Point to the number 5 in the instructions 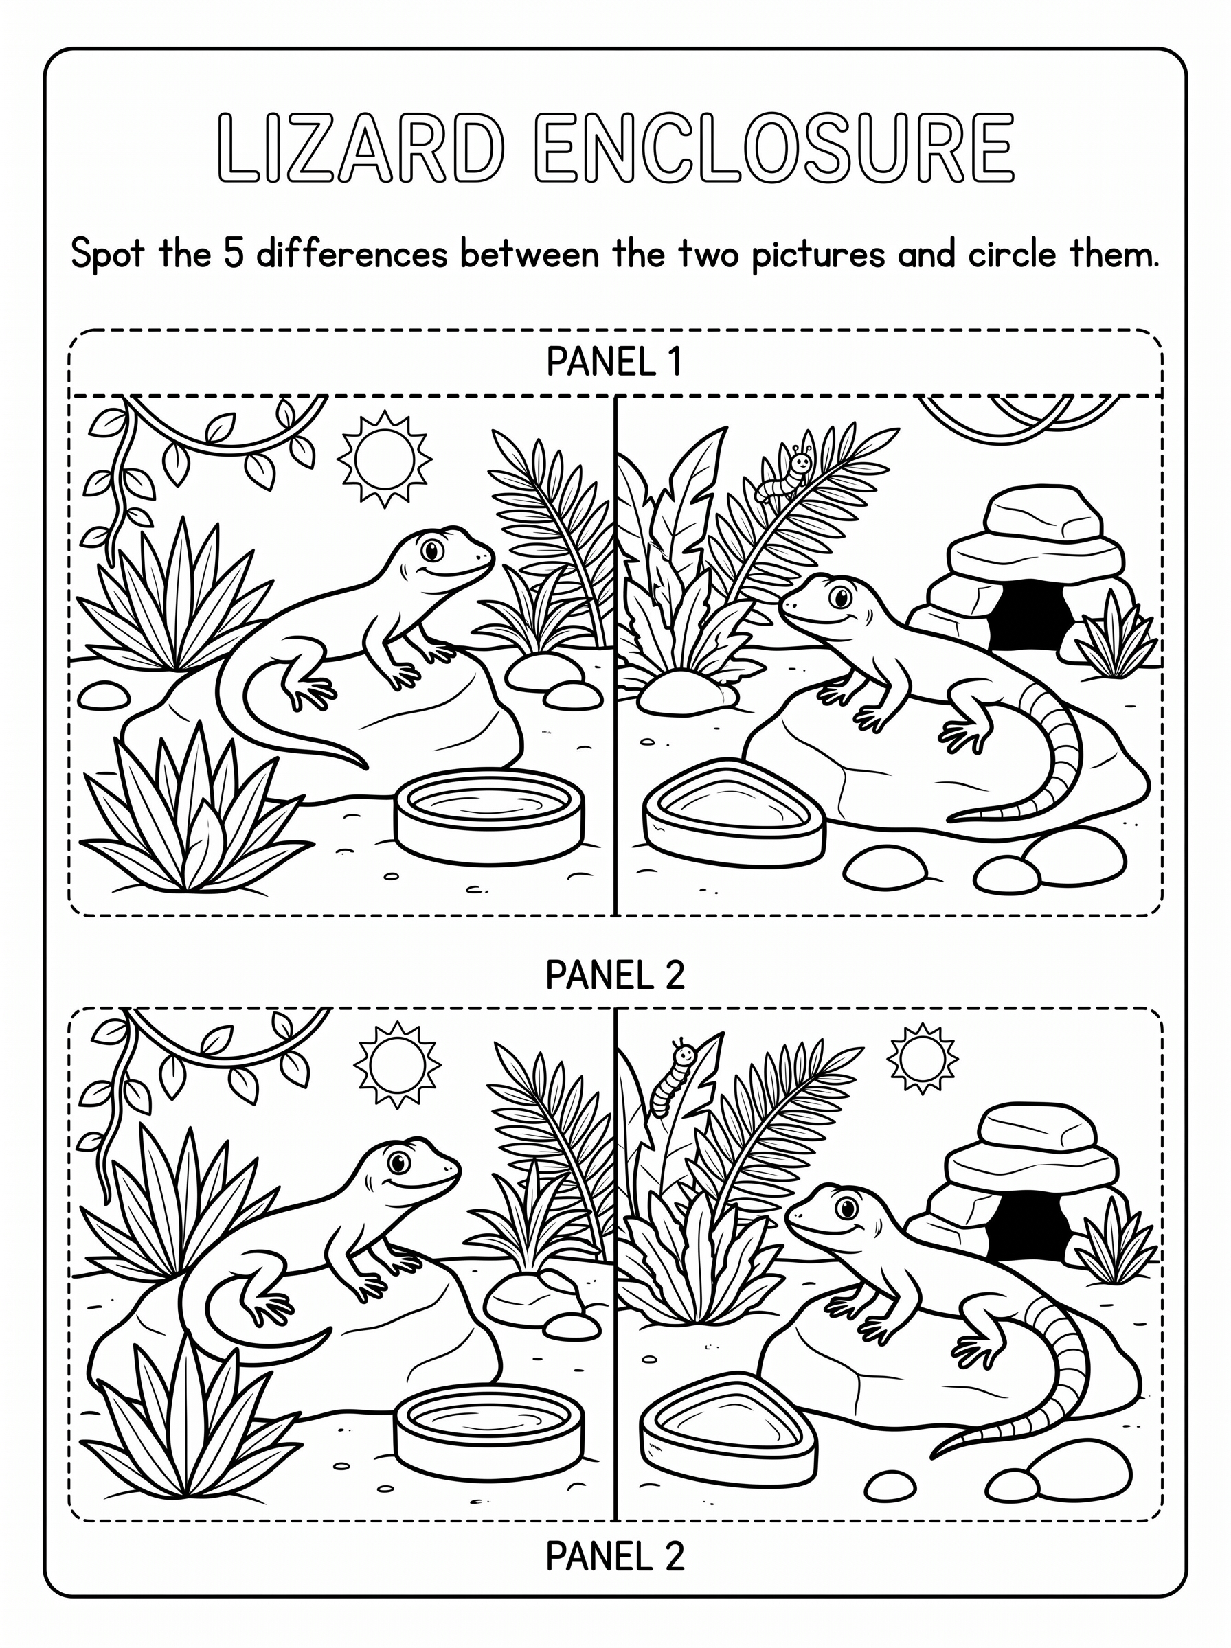click(x=234, y=255)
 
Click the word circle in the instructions click(x=1013, y=255)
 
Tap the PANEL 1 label click(x=615, y=363)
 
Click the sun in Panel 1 click(x=385, y=458)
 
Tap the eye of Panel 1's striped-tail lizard click(x=842, y=597)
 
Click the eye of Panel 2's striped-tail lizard click(x=846, y=1206)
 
